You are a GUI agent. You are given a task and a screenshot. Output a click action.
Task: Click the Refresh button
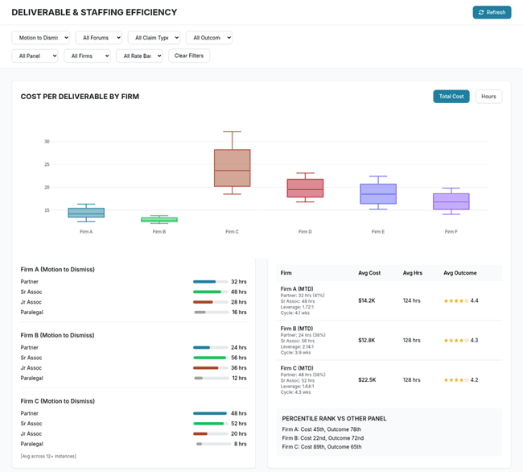[x=492, y=12]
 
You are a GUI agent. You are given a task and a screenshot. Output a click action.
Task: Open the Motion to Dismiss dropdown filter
[x=41, y=38]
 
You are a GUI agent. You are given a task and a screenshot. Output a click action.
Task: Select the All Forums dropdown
[x=98, y=38]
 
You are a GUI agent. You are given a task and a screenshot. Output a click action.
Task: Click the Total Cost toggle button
[x=451, y=97]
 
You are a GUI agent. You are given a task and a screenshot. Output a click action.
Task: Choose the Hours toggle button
[x=488, y=97]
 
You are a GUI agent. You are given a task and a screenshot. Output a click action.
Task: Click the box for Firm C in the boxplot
[x=232, y=168]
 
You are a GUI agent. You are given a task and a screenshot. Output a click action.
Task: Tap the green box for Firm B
[x=159, y=219]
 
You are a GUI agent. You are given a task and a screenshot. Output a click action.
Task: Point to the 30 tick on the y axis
[x=47, y=141]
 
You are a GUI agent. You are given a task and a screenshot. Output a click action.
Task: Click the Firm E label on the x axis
[x=377, y=232]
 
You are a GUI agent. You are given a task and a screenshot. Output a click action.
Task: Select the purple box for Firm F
[x=451, y=201]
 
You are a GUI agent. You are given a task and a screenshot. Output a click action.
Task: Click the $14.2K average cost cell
[x=368, y=300]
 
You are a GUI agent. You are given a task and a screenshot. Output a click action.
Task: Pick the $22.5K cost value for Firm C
[x=368, y=380]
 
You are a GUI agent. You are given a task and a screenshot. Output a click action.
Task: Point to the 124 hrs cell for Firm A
[x=412, y=300]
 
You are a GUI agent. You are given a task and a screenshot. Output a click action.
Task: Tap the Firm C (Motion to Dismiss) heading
[x=57, y=401]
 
